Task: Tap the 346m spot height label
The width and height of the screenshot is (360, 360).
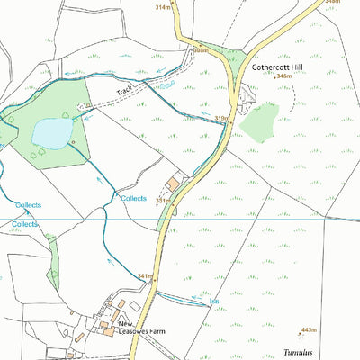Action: point(284,77)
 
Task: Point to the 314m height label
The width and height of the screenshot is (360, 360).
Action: point(163,6)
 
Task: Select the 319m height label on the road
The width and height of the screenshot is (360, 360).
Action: point(222,118)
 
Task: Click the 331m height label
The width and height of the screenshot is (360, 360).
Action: point(163,200)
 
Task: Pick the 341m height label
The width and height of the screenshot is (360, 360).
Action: point(146,275)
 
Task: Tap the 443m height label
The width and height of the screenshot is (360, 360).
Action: point(309,330)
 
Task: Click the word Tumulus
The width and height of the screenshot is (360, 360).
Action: point(298,354)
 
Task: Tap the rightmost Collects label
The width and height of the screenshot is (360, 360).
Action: point(133,198)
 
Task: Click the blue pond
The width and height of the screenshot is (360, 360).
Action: point(51,133)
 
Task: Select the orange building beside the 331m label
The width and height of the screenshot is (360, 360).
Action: point(173,183)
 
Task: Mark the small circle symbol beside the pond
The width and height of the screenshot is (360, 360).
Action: point(72,141)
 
